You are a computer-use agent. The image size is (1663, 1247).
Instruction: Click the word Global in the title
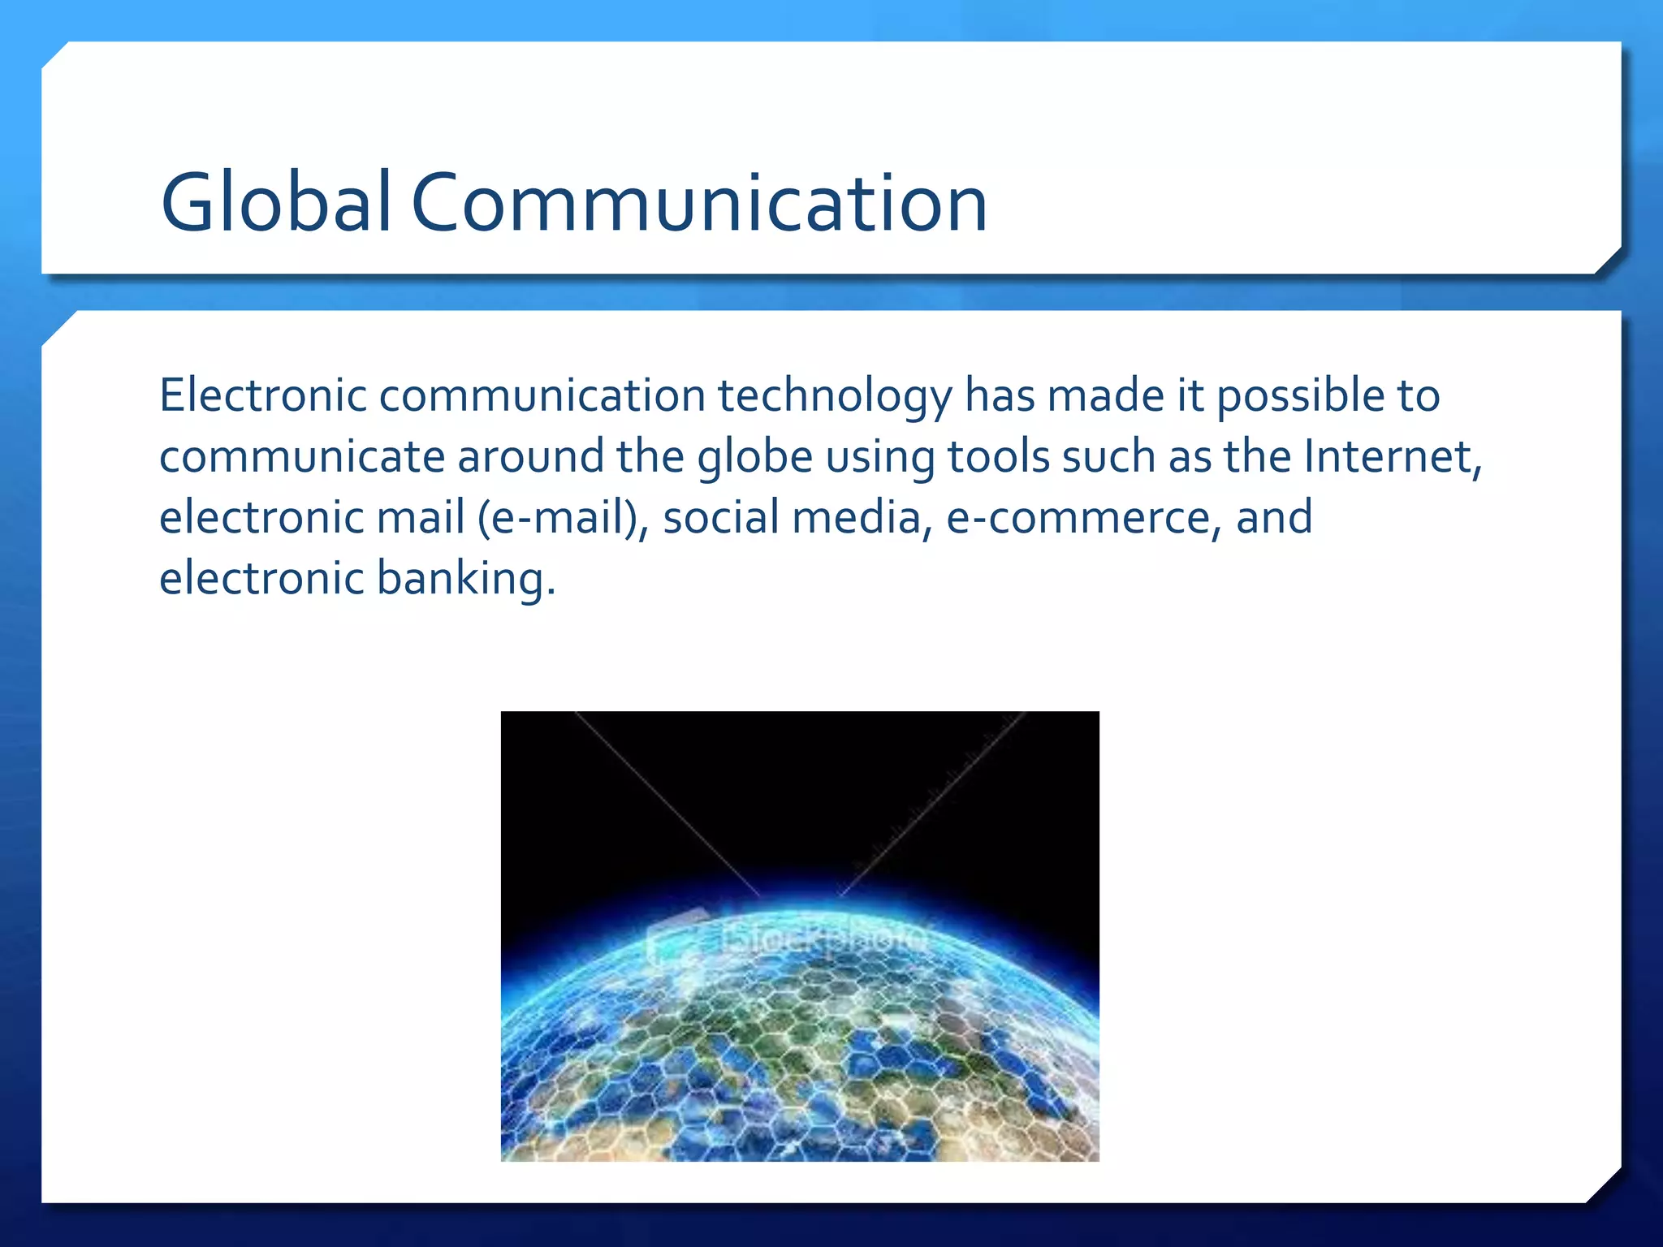coord(276,203)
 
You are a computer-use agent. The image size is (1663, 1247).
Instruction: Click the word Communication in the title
coord(699,203)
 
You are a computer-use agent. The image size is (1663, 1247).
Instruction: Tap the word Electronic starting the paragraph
coord(263,396)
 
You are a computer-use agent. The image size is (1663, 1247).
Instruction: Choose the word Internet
coord(1393,456)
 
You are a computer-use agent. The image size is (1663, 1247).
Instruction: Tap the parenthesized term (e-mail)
coord(563,518)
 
